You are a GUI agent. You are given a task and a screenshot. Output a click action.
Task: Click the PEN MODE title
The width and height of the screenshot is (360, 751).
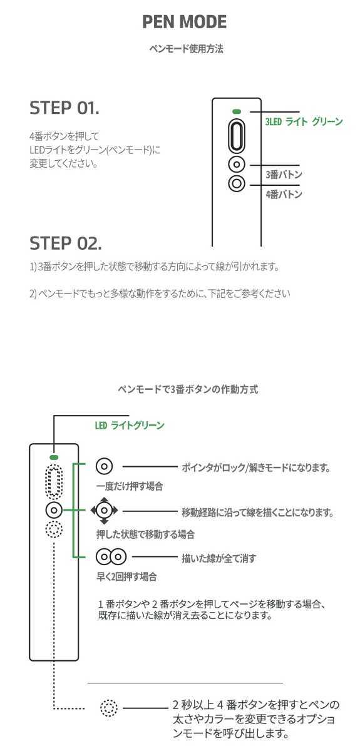[183, 23]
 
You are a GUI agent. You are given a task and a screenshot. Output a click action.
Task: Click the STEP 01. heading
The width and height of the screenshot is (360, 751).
[64, 108]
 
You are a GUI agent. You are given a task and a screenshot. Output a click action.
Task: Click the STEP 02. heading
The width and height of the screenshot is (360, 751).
[66, 242]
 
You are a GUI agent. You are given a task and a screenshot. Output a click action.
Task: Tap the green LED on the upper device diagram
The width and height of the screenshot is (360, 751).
[236, 111]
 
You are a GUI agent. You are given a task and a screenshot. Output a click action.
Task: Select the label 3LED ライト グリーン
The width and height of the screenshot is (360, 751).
[304, 122]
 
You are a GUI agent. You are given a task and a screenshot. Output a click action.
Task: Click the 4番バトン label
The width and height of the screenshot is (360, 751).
[284, 195]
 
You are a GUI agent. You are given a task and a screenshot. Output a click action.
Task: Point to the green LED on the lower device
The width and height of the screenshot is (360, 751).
[54, 458]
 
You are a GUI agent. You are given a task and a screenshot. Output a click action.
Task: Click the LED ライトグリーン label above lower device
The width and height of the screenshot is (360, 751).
[130, 426]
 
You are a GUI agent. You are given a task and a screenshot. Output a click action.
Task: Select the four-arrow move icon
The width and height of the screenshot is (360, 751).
[104, 511]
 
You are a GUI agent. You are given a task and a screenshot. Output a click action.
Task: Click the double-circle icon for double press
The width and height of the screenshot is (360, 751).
[111, 556]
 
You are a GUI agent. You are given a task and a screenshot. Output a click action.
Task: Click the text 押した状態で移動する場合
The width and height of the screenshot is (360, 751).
[145, 534]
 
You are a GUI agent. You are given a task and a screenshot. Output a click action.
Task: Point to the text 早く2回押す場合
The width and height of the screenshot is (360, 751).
[126, 576]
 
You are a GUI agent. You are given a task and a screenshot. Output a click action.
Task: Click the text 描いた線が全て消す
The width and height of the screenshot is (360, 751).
[219, 557]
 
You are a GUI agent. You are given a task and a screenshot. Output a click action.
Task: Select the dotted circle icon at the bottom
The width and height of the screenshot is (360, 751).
[109, 708]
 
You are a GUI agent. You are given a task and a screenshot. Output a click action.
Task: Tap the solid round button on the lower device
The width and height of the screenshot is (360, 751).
[54, 510]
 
